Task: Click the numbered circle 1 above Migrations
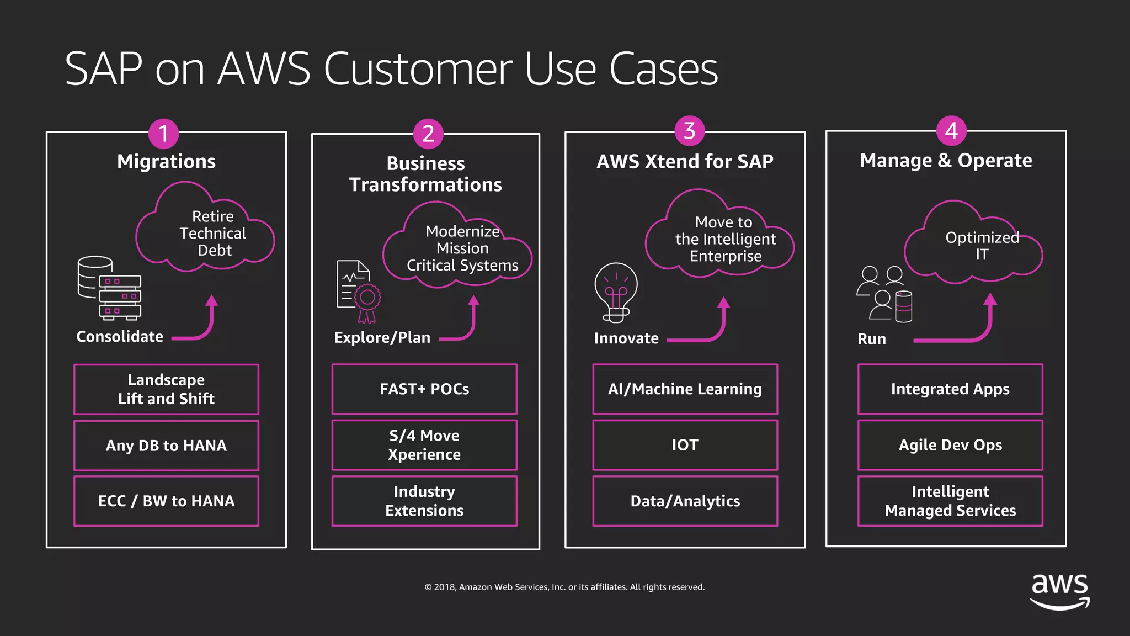click(163, 134)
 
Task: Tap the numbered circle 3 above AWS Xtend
click(689, 131)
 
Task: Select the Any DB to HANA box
click(166, 446)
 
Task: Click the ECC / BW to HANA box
click(166, 501)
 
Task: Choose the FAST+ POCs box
click(424, 389)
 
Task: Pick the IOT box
click(685, 445)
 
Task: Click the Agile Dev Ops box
click(950, 445)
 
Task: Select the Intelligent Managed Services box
click(950, 501)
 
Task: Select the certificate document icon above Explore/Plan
click(358, 291)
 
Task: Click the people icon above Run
click(884, 294)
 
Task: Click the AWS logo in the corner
click(1060, 591)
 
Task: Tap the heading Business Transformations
click(425, 174)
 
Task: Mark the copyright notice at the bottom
click(564, 587)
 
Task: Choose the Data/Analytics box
click(685, 501)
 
